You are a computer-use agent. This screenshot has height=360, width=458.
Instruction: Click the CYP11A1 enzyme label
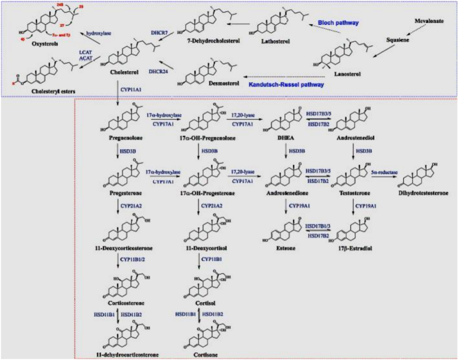(x=131, y=90)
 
